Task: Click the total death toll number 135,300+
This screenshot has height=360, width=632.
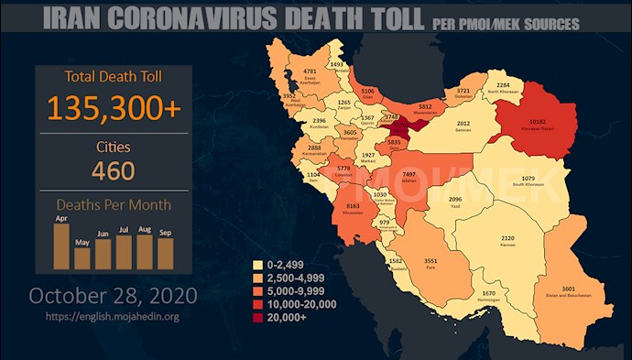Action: (x=114, y=109)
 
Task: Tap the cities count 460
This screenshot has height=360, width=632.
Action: (x=114, y=170)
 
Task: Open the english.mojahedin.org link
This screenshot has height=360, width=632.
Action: (x=114, y=317)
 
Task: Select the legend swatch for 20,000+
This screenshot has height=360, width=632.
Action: (x=258, y=318)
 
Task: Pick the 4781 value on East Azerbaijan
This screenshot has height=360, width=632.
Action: (x=310, y=71)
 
